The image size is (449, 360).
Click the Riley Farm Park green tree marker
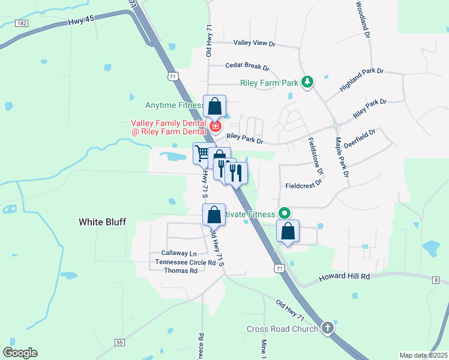(x=307, y=82)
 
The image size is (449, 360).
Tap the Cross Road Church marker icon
(x=327, y=328)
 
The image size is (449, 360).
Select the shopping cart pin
(x=203, y=154)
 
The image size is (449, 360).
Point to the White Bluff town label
(x=103, y=222)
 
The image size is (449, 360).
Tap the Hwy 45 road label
(x=82, y=22)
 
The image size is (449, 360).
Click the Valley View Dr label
(x=254, y=44)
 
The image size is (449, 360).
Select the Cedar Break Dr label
(x=247, y=67)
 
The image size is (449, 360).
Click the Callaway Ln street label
(x=179, y=254)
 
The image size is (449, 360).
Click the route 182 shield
(x=22, y=23)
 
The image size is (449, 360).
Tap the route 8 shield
(x=435, y=280)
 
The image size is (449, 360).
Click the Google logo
(x=20, y=353)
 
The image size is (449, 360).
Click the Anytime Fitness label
(x=174, y=106)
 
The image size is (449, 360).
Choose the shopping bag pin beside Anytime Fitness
(x=215, y=107)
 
